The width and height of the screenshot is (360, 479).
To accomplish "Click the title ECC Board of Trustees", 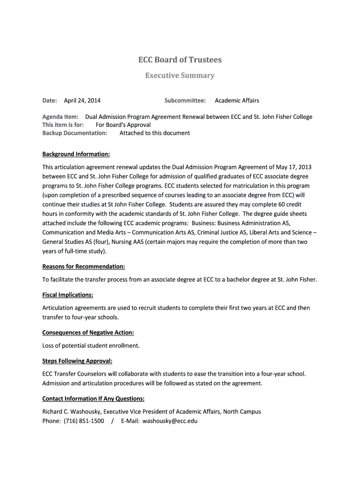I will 180,60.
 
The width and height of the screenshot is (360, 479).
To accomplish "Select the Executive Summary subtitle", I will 180,75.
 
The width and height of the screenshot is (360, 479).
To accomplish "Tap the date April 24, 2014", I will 82,101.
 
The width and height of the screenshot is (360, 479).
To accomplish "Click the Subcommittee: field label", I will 185,101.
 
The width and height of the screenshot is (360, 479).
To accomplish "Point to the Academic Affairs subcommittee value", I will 237,101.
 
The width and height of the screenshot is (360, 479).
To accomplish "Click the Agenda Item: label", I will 60,117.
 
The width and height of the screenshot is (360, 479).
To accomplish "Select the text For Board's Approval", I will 123,125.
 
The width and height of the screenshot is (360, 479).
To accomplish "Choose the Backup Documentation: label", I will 75,133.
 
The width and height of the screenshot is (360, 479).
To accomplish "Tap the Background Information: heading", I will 76,154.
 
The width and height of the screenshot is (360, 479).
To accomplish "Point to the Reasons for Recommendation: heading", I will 84,267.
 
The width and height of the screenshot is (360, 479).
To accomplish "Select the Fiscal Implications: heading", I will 68,295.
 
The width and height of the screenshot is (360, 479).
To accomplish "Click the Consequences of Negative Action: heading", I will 88,333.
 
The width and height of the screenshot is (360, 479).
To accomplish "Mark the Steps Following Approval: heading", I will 77,361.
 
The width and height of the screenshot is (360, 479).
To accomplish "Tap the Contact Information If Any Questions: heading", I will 93,399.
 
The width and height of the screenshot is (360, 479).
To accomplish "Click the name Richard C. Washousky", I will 71,412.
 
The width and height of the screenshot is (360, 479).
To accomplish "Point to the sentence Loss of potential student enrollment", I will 91,346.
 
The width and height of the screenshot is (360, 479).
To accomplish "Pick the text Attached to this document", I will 155,133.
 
